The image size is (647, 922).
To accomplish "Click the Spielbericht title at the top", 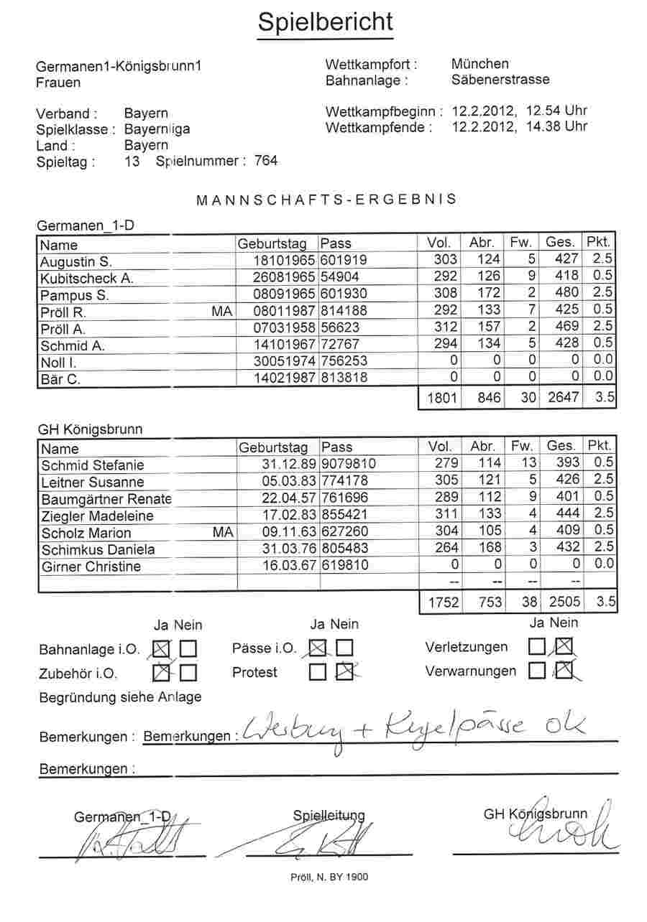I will pyautogui.click(x=325, y=23).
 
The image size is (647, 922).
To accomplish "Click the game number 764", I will pyautogui.click(x=266, y=161).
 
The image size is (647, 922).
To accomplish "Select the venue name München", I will pyautogui.click(x=480, y=64).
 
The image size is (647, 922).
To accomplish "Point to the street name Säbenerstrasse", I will pyautogui.click(x=500, y=80).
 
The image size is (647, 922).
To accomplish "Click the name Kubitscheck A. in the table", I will pyautogui.click(x=86, y=278).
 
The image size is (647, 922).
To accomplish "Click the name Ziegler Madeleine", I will pyautogui.click(x=97, y=516).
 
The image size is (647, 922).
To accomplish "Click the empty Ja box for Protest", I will pyautogui.click(x=317, y=673).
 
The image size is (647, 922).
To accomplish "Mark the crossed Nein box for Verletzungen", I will pyautogui.click(x=563, y=647).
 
